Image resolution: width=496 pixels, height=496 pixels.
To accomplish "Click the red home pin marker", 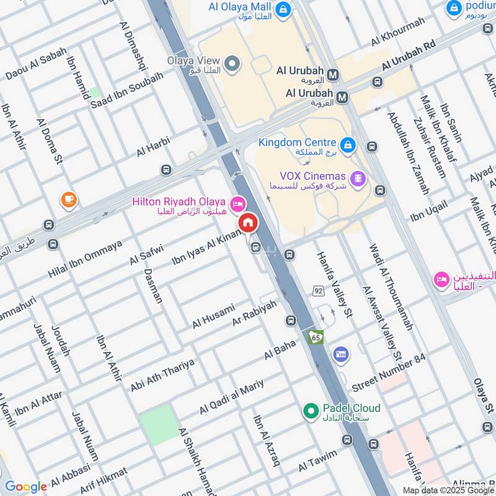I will [x=248, y=223].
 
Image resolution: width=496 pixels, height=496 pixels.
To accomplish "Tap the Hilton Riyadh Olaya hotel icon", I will [x=237, y=203].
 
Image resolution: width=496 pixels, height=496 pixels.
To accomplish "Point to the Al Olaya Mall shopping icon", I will [x=283, y=9].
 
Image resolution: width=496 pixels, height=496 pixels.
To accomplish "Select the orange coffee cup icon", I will [x=68, y=200].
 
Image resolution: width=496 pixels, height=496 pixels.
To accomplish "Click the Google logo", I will [x=25, y=487].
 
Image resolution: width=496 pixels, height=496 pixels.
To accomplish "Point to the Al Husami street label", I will [x=213, y=316].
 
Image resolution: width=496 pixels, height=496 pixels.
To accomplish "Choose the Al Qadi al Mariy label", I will [x=231, y=397].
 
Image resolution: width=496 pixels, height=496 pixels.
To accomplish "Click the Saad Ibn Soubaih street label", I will [x=127, y=90].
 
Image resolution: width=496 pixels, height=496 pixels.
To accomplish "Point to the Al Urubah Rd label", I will [x=410, y=56].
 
